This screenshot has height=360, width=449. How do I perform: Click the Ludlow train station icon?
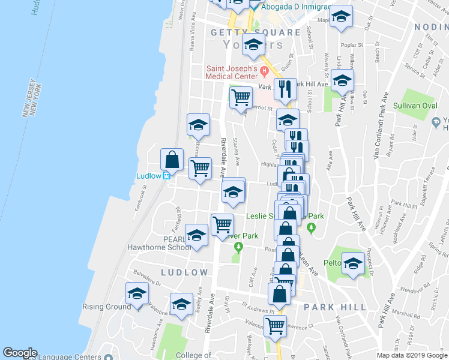[x=167, y=176]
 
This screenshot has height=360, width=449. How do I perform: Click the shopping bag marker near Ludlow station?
[x=172, y=160]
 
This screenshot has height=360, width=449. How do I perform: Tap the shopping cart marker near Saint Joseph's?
[x=241, y=96]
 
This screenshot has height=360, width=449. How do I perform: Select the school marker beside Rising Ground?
[x=137, y=294]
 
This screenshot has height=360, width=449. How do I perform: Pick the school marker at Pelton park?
[x=353, y=262]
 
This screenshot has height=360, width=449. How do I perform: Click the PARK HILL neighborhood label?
[x=334, y=307]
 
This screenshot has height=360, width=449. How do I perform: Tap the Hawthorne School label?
[x=151, y=247]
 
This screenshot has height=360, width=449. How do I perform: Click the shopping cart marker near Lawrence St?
[x=276, y=326]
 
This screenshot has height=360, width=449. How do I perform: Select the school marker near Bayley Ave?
[x=181, y=305]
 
